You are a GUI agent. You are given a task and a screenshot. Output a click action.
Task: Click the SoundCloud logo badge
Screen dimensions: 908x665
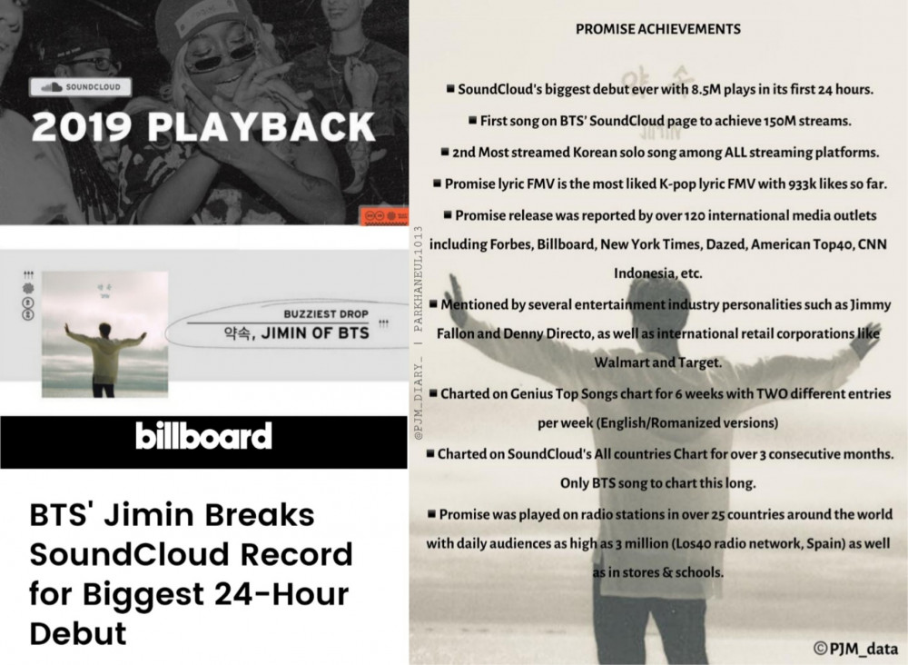click(81, 87)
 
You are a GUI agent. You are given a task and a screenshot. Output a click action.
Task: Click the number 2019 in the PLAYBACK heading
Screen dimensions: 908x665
click(82, 127)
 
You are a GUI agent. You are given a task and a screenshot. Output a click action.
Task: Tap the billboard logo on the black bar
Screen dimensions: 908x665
click(203, 435)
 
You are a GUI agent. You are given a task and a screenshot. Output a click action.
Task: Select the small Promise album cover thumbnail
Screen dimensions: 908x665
click(104, 334)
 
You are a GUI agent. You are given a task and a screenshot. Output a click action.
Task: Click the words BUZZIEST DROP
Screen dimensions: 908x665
click(326, 314)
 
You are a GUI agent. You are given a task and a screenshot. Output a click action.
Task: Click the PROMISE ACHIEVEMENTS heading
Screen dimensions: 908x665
click(657, 29)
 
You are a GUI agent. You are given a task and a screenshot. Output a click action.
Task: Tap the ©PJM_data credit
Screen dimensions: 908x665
click(855, 649)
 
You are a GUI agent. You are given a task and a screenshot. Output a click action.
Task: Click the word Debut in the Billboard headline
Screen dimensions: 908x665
click(77, 633)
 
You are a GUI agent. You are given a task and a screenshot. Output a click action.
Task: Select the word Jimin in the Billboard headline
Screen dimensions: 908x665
click(151, 514)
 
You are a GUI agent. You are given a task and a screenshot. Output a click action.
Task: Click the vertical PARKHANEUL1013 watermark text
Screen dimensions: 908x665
click(419, 279)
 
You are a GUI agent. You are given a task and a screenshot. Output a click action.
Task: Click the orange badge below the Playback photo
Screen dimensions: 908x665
click(384, 215)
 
